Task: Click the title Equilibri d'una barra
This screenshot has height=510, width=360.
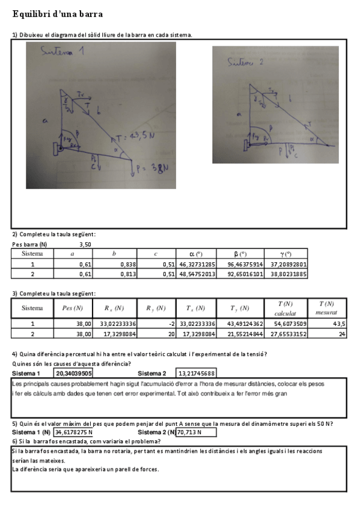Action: pyautogui.click(x=57, y=13)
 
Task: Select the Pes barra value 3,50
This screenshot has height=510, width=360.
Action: pyautogui.click(x=85, y=245)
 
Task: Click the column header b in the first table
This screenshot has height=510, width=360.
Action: pyautogui.click(x=114, y=254)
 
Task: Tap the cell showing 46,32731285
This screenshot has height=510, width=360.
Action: pyautogui.click(x=197, y=264)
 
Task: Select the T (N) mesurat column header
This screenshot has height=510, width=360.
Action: pyautogui.click(x=326, y=309)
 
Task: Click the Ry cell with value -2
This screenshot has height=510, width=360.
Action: pyautogui.click(x=159, y=324)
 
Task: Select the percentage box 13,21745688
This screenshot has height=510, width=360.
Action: pyautogui.click(x=196, y=373)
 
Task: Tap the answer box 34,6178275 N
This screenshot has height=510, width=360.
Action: pyautogui.click(x=75, y=432)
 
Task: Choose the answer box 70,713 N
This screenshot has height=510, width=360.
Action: pyautogui.click(x=196, y=432)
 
